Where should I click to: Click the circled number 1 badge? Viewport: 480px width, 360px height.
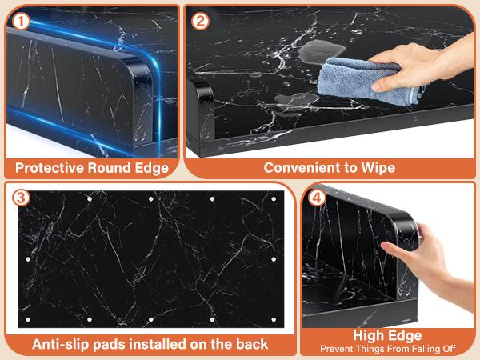(21, 22)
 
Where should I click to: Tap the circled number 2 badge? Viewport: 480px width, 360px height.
(200, 21)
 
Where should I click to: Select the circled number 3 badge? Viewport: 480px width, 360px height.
(21, 198)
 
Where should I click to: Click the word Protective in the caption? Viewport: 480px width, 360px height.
(50, 168)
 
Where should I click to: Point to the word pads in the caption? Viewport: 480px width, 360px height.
(109, 345)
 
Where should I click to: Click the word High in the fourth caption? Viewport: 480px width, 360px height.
(366, 336)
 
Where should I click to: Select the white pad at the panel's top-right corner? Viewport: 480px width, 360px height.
(274, 199)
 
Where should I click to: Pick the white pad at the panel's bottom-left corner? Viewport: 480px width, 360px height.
(28, 319)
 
